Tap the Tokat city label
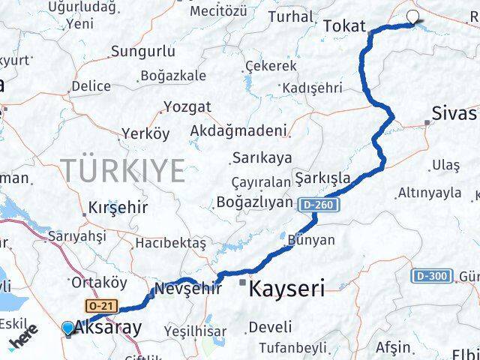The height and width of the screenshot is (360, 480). (344, 27)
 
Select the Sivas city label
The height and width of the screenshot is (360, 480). (454, 114)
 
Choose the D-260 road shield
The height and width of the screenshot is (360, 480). (319, 204)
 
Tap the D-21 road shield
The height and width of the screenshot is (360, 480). (101, 306)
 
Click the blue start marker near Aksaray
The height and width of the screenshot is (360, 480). (68, 328)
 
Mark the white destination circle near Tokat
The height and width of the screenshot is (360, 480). (413, 17)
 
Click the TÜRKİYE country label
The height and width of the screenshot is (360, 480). (122, 171)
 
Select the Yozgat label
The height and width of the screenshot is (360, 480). (187, 106)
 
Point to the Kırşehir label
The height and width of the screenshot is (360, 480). (118, 207)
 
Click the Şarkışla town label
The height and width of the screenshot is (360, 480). (323, 178)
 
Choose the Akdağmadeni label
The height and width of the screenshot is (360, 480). (238, 130)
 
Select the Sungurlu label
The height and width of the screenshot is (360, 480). (142, 52)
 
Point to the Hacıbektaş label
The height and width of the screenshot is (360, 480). (170, 243)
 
